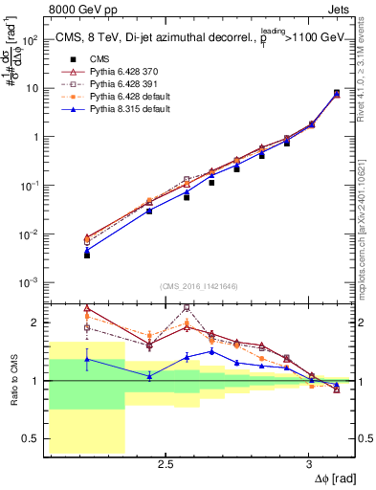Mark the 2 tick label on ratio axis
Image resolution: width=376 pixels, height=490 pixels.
point(36,323)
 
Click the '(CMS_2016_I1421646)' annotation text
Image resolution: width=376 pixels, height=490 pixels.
point(200,285)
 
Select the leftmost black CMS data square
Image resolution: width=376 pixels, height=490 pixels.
point(87,255)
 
